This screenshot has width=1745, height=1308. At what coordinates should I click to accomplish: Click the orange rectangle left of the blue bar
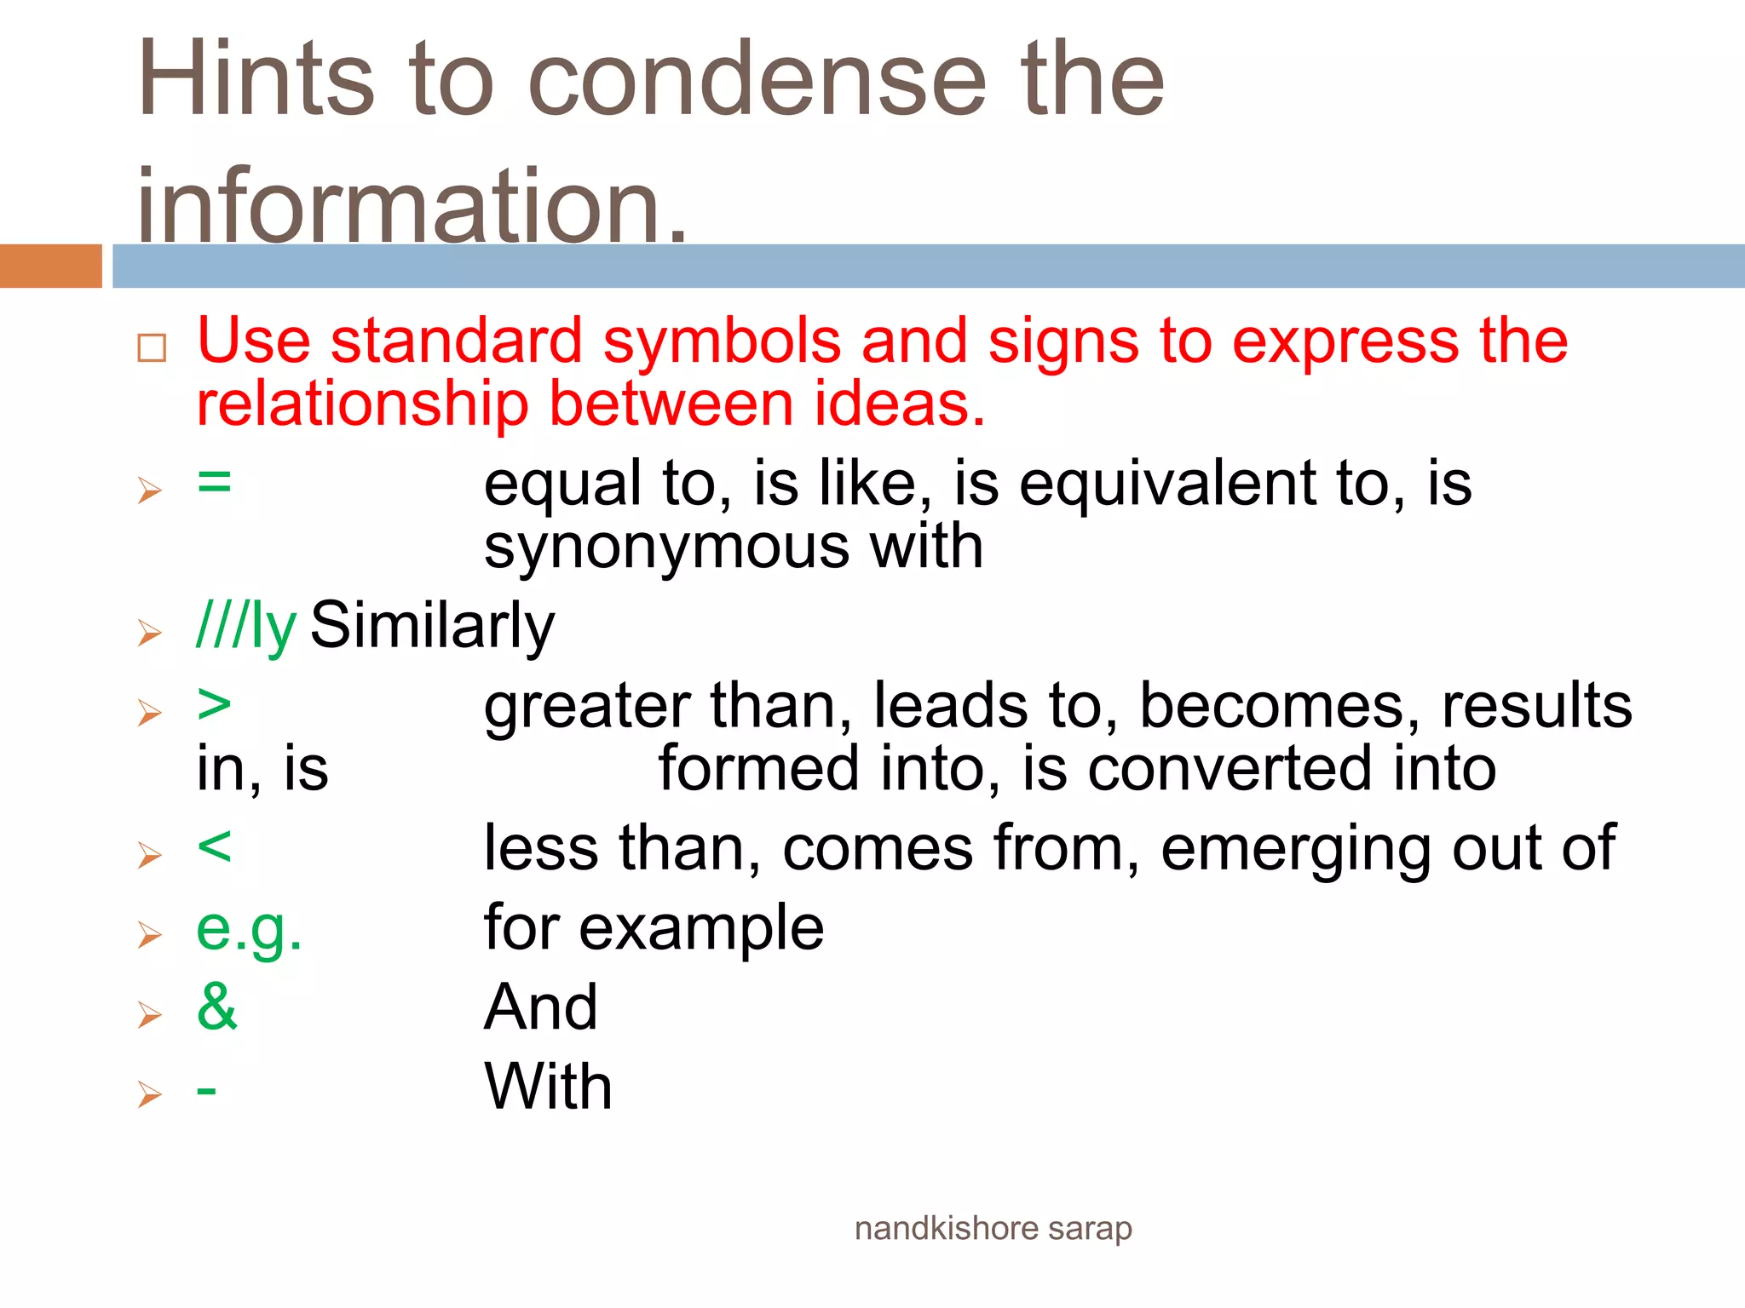(50, 266)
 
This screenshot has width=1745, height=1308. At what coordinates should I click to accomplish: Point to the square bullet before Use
(152, 347)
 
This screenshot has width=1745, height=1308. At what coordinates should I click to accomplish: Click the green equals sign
(214, 482)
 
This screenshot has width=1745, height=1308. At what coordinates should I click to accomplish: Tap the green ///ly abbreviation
(246, 626)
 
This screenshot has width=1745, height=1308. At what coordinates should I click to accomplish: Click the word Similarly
(432, 626)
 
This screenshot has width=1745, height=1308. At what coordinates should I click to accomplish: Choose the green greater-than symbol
(214, 705)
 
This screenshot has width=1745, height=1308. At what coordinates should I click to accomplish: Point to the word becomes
(1279, 707)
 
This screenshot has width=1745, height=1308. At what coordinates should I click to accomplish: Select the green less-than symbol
(214, 847)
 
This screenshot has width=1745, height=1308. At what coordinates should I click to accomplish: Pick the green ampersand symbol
(216, 1007)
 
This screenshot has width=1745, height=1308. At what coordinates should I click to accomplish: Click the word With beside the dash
(548, 1087)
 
